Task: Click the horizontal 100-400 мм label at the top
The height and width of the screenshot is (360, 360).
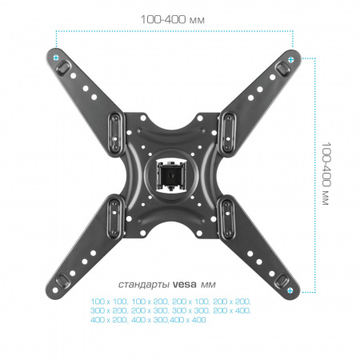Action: (x=173, y=19)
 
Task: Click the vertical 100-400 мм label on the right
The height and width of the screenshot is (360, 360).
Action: (x=326, y=174)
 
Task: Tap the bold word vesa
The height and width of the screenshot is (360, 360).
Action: (x=185, y=285)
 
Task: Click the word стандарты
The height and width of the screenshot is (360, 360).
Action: (x=144, y=285)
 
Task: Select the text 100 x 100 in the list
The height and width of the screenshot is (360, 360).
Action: (x=109, y=302)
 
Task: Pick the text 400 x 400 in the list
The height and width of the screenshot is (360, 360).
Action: (x=188, y=319)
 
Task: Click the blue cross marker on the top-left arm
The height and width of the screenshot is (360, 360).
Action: (x=56, y=58)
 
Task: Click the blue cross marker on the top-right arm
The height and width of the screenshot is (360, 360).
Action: (x=291, y=59)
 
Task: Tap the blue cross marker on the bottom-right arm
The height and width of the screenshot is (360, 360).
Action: (x=290, y=290)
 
